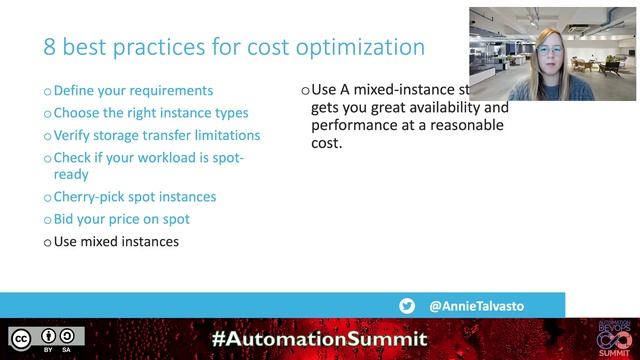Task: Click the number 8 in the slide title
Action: [x=50, y=47]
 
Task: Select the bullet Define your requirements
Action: [x=132, y=90]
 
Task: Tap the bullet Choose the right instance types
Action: [x=150, y=113]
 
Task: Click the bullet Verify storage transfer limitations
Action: [x=156, y=135]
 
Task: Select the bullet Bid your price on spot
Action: [x=121, y=219]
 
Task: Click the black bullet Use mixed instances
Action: [x=115, y=241]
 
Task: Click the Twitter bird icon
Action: [x=407, y=306]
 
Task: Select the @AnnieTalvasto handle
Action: [x=476, y=306]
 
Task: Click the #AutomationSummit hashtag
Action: [x=319, y=339]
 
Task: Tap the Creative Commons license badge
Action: [x=47, y=339]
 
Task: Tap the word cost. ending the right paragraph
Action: [x=327, y=144]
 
